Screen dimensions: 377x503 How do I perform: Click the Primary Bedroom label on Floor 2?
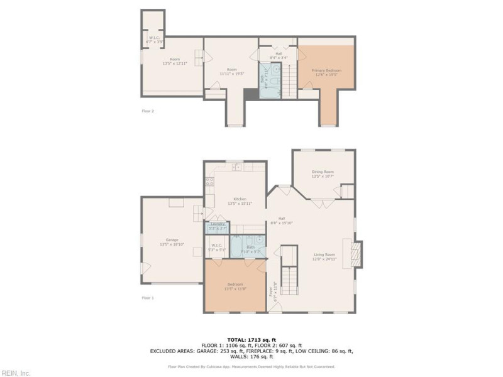tap(326, 70)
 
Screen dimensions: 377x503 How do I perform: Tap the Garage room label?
tap(172, 239)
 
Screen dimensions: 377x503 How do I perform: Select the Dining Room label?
tap(323, 172)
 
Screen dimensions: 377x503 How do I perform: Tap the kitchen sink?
tap(237, 167)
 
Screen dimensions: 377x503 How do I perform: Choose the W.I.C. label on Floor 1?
tap(217, 245)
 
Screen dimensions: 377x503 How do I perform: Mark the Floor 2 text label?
tap(148, 111)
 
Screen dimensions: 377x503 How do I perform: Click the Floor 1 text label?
tap(148, 297)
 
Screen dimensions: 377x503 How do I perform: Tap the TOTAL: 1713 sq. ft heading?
tap(251, 339)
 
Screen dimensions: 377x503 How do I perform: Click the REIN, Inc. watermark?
tap(16, 373)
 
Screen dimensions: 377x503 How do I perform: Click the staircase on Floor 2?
tap(288, 79)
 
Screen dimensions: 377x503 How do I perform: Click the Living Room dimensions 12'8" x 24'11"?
tap(326, 259)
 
